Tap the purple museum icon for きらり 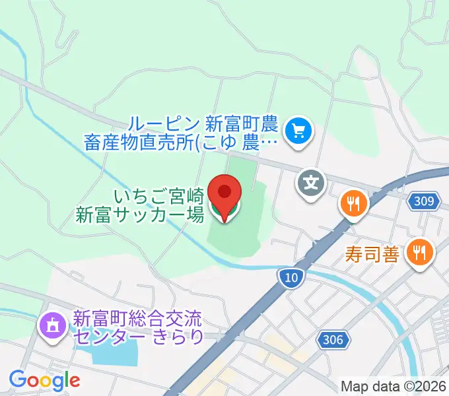coord(52,325)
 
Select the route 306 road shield coord(334,339)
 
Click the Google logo coord(44,380)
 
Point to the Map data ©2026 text coord(394,386)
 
